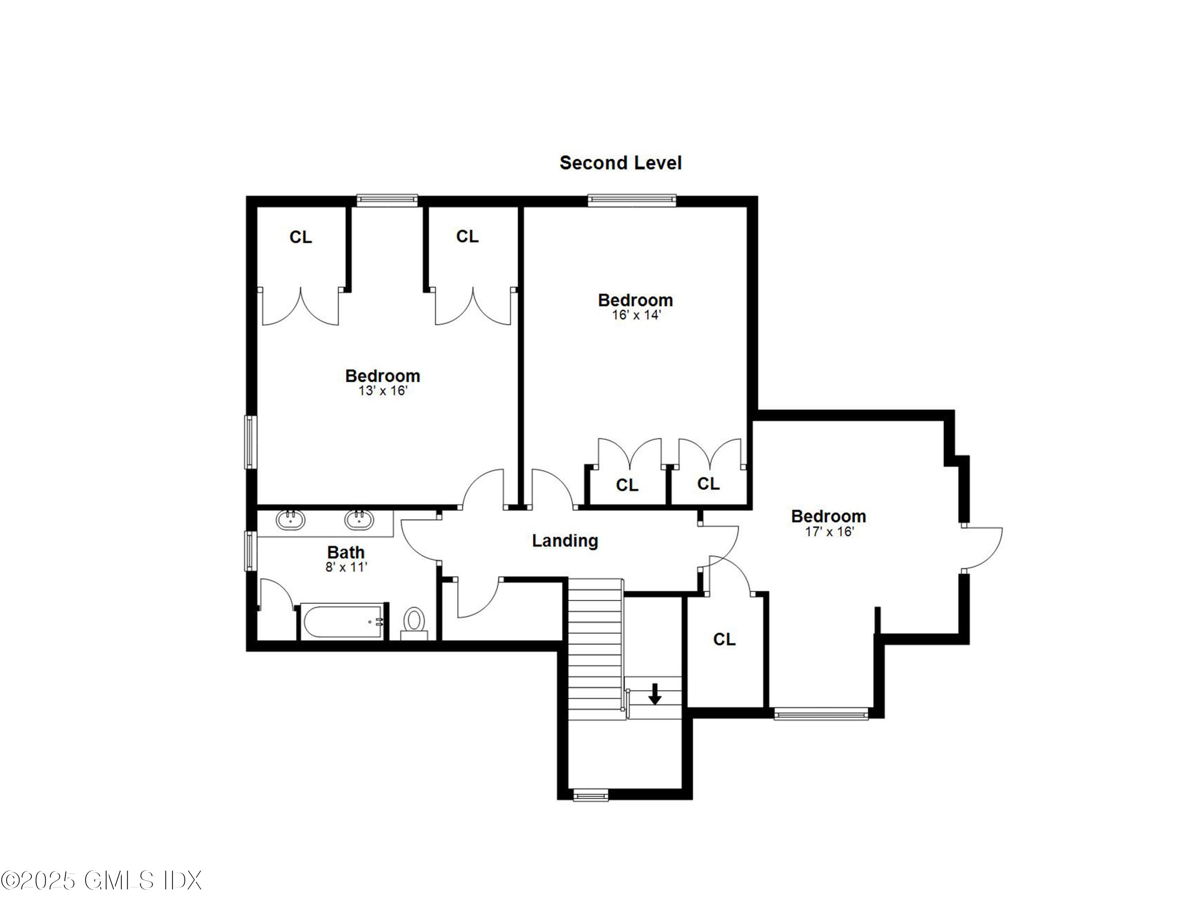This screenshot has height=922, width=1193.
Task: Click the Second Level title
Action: coord(620,163)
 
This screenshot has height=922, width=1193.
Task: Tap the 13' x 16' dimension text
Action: coord(383,391)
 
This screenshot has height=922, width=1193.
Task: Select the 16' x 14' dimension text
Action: coord(636,315)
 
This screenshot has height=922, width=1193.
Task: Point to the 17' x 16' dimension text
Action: coord(829,531)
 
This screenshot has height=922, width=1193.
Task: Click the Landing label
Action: coord(565,541)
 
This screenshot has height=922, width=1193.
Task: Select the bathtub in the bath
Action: coord(343,622)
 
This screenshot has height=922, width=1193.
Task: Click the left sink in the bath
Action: coord(290,519)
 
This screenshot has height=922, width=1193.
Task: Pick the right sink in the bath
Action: coord(359,519)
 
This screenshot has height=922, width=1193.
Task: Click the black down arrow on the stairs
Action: coord(655,694)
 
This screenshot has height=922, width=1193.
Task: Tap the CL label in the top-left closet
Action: coord(300,237)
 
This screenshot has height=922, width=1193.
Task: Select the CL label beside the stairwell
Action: coord(724,639)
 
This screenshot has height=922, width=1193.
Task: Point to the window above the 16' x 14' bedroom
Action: coord(631,200)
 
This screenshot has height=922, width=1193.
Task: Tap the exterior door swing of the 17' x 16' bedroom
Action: coord(983,548)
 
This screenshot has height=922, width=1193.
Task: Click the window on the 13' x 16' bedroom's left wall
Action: coord(250,442)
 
